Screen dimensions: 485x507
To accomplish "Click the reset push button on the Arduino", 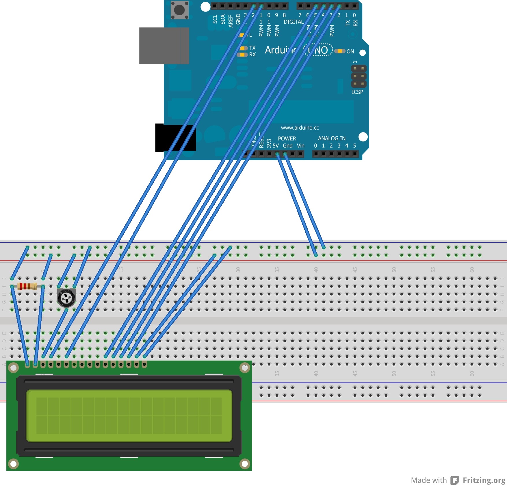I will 179,10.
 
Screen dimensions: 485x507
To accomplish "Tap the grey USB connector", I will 164,46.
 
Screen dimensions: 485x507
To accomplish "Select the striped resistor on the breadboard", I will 27,286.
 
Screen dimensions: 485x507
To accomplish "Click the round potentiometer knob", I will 66,298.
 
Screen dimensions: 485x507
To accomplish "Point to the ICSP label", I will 357,92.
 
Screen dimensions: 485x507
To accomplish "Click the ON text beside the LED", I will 350,51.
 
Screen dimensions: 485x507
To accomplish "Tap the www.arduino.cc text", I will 300,128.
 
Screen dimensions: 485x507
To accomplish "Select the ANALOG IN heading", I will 332,138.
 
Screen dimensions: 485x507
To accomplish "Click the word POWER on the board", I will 287,139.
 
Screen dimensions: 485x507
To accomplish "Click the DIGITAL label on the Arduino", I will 294,22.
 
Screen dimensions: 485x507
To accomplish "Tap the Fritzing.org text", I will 484,480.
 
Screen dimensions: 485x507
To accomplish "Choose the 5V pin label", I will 276,146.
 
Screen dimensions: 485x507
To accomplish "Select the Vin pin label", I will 300,146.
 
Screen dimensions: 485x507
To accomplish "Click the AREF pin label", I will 231,21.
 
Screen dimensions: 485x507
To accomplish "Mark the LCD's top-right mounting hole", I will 245,368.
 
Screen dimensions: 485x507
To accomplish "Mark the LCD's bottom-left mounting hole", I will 13,464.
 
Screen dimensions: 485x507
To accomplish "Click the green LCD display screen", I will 129,416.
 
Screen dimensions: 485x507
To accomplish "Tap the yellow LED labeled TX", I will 244,48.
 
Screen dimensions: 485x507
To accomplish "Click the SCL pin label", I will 215,19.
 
